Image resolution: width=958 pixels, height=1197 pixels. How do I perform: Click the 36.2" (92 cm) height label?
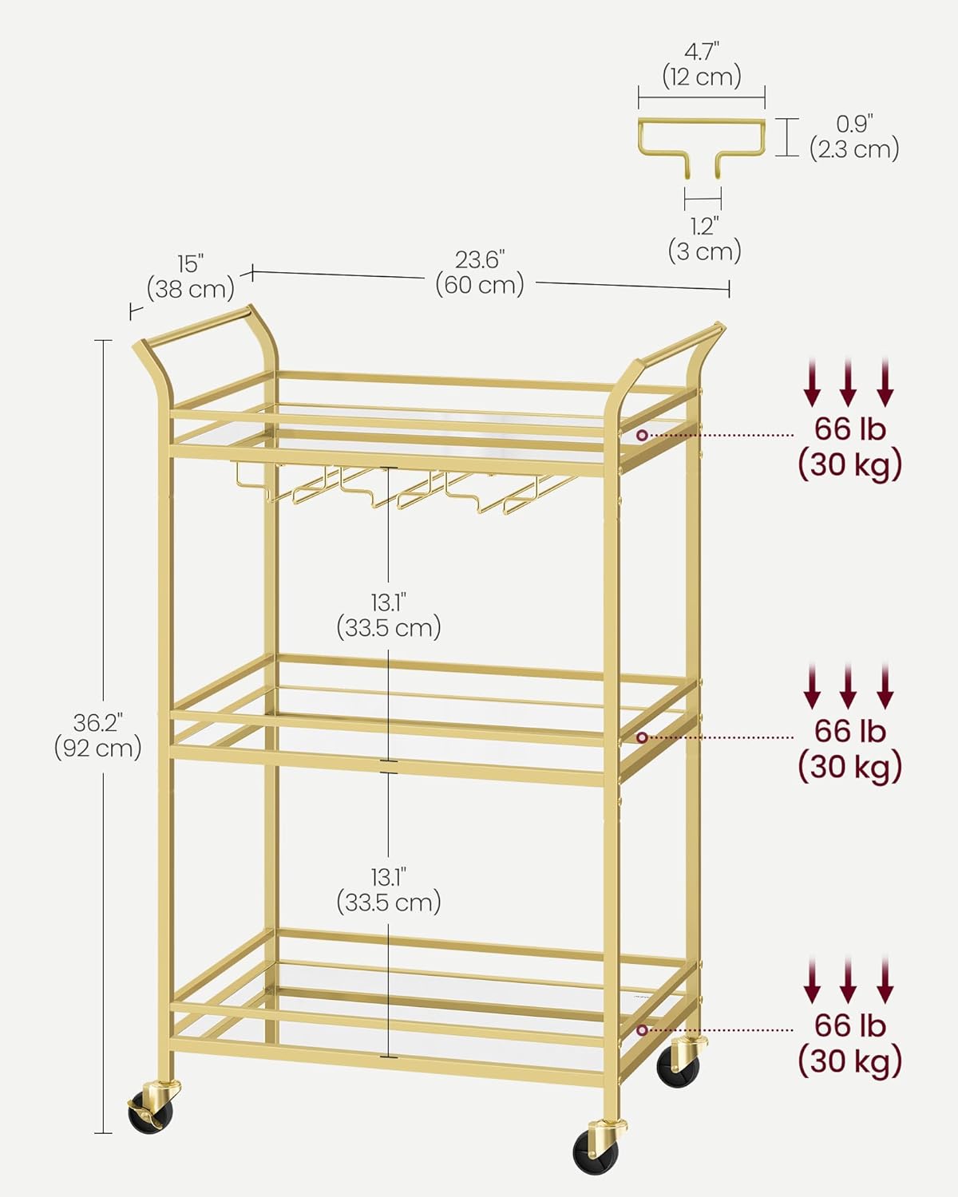(x=98, y=735)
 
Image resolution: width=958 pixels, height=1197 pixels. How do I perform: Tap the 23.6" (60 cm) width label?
(x=480, y=273)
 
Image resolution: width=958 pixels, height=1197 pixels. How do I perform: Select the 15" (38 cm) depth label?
(x=190, y=277)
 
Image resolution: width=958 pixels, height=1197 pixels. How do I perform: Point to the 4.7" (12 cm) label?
(x=702, y=65)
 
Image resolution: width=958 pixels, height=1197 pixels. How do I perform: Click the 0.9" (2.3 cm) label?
(x=854, y=137)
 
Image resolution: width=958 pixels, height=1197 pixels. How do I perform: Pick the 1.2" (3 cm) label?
(x=705, y=239)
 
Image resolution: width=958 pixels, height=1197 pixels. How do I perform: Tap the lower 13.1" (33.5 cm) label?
(x=389, y=890)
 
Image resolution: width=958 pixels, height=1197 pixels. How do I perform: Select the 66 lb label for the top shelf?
(x=850, y=429)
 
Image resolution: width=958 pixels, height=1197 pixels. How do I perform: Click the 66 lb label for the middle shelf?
(x=850, y=731)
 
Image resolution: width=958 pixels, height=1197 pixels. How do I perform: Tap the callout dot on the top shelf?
(x=643, y=436)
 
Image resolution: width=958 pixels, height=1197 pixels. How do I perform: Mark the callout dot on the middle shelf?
(x=643, y=737)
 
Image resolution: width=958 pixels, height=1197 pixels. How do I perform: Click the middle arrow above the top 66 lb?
(x=848, y=382)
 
